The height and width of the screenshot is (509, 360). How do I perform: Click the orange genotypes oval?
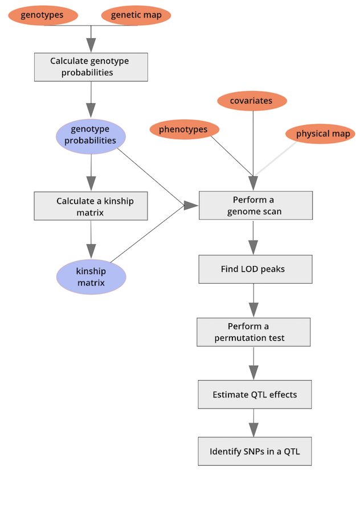click(x=42, y=15)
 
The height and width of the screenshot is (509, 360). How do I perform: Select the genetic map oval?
click(x=136, y=15)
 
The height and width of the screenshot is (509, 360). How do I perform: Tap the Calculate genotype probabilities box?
click(x=91, y=67)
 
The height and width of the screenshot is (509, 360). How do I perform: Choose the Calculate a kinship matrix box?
click(x=91, y=206)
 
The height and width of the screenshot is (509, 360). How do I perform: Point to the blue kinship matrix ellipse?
click(x=91, y=276)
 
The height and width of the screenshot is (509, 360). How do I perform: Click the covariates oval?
click(x=251, y=101)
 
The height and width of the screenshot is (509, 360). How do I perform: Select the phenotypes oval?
click(x=183, y=130)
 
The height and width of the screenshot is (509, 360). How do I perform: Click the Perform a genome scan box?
click(x=255, y=205)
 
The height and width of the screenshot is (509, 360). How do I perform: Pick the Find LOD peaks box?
click(x=255, y=269)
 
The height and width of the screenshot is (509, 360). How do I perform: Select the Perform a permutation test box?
click(x=253, y=332)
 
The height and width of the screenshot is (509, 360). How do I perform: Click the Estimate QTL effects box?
click(x=255, y=394)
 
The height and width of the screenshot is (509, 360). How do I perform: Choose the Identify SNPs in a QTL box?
click(x=255, y=451)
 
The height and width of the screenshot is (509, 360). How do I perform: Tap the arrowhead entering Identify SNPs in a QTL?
click(x=254, y=430)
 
